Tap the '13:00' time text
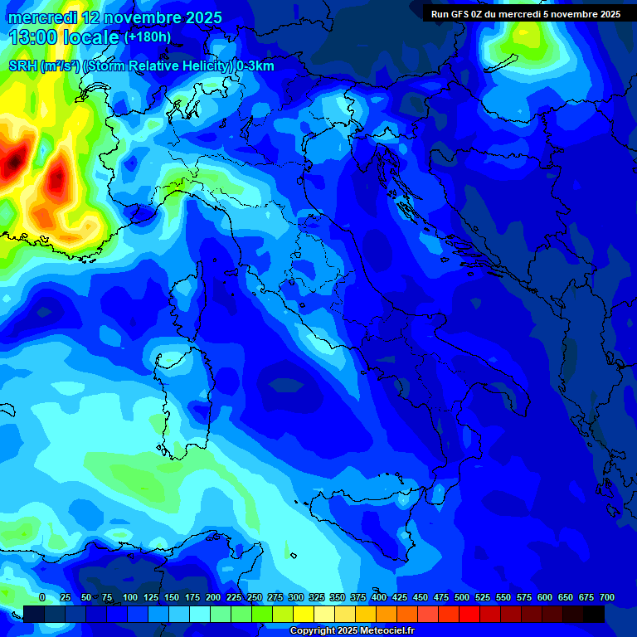[x=36, y=37]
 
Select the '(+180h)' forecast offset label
[x=148, y=36]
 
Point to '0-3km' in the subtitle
[x=255, y=66]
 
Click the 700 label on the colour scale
[x=607, y=597]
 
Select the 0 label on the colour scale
[x=42, y=597]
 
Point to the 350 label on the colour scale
[x=338, y=597]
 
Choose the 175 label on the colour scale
[x=192, y=597]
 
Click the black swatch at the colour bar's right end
[x=593, y=614]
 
